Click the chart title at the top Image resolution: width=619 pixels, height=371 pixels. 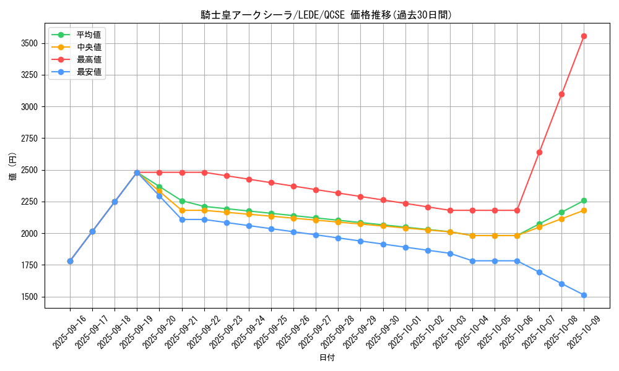tap(326, 15)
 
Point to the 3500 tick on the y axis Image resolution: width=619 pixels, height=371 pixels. tap(28, 43)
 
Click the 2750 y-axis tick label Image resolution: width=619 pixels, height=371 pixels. tap(28, 139)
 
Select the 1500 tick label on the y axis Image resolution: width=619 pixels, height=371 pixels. tap(28, 297)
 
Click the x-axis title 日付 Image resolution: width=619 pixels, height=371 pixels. tap(327, 358)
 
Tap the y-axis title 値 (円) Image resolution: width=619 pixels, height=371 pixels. tap(13, 168)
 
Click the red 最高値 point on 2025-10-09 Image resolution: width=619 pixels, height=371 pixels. tap(584, 36)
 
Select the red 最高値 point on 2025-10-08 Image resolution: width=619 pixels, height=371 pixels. tap(561, 94)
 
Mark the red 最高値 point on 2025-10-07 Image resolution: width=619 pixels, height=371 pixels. tap(539, 152)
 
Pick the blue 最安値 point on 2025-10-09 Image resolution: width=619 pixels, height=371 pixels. tap(584, 295)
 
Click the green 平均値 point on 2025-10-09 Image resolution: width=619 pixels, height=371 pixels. tap(584, 200)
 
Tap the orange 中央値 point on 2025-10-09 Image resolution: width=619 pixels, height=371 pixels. tap(584, 210)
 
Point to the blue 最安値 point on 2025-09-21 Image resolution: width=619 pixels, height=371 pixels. tap(182, 220)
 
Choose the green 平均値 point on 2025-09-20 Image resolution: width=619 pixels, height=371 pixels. tap(159, 187)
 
